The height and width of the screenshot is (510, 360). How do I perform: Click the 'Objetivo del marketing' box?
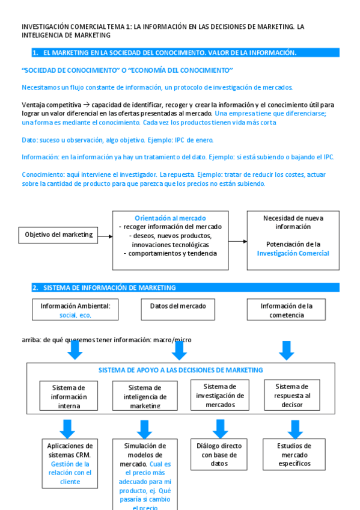tap(59, 235)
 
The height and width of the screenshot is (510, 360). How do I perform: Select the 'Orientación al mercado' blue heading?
tap(170, 218)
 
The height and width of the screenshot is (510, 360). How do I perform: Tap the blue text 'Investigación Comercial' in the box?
tap(293, 253)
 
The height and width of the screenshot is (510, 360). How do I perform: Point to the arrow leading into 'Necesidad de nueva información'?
tap(237, 241)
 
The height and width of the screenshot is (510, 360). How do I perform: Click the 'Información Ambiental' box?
tap(75, 310)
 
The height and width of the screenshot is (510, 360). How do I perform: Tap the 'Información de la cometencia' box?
tap(286, 310)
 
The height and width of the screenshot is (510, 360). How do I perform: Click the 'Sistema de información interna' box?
tap(69, 396)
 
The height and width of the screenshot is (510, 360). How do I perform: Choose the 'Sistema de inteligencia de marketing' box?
tap(145, 396)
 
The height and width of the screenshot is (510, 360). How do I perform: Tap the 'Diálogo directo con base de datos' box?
tap(219, 454)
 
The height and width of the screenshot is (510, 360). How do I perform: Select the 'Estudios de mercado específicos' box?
tap(294, 454)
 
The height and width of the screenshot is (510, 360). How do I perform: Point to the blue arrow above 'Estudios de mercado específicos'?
tap(294, 429)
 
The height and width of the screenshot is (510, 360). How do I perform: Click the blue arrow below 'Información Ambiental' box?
tap(75, 349)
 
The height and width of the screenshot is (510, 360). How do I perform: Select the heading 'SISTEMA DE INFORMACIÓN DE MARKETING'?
tap(109, 287)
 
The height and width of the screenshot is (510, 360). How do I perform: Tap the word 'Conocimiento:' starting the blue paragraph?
tap(41, 174)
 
